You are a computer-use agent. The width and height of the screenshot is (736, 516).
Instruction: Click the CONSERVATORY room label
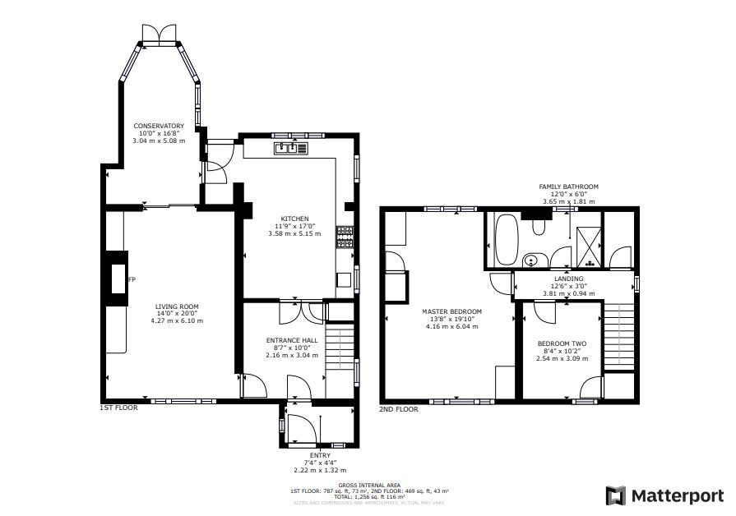point(160,126)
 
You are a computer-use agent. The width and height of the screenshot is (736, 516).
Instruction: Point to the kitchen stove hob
point(345,237)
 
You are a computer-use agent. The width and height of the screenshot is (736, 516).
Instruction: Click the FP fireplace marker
point(131,279)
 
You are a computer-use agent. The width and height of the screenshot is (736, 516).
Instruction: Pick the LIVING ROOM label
point(177,306)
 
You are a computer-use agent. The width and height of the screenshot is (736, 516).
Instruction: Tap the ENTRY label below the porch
point(320,454)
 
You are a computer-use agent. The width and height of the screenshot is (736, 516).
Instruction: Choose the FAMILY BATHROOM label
point(568,187)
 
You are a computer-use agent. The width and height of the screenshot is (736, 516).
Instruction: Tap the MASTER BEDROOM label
point(451,311)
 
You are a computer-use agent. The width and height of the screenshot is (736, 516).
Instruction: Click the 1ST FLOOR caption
point(118,408)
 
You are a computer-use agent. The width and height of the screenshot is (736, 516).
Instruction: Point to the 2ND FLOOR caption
point(398,408)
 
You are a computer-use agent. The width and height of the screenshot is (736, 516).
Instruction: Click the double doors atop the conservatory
point(160,32)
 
